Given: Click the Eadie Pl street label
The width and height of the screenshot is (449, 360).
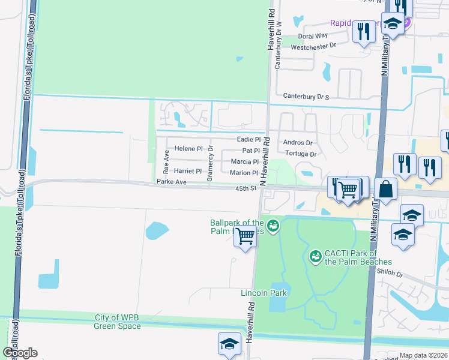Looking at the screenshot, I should [249, 139].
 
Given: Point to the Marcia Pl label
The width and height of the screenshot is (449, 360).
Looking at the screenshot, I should [245, 162].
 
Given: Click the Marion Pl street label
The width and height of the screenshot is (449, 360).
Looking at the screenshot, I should [244, 173].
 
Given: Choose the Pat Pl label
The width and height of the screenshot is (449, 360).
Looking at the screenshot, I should [251, 151].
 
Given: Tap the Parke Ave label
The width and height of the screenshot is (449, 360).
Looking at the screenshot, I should [172, 182].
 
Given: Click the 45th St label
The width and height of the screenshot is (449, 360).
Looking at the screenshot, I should [246, 189].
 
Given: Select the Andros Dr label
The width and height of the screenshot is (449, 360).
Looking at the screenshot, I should [298, 143].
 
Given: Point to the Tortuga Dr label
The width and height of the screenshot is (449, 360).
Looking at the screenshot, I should [300, 154].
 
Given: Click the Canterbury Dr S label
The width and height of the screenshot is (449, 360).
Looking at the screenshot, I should [306, 96].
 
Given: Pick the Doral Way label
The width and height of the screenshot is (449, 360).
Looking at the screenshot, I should [313, 36].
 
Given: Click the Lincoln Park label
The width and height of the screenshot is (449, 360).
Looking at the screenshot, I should [264, 293].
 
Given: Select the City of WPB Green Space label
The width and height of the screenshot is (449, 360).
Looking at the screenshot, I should [118, 322].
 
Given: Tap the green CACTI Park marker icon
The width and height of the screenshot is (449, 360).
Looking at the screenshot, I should [315, 257].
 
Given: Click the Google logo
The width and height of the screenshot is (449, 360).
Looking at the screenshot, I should [20, 353].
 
